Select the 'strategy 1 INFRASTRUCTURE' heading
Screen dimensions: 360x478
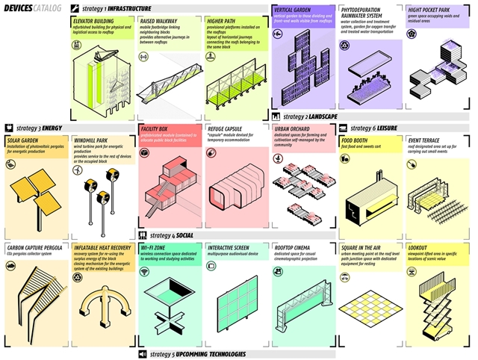click(x=111, y=9)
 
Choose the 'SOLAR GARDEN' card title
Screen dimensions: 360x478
click(x=22, y=139)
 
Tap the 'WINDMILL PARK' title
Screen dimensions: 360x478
click(x=93, y=139)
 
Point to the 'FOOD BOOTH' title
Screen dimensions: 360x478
click(x=357, y=139)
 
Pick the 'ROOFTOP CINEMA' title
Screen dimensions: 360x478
click(x=294, y=246)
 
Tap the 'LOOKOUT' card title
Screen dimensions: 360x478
click(x=418, y=246)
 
